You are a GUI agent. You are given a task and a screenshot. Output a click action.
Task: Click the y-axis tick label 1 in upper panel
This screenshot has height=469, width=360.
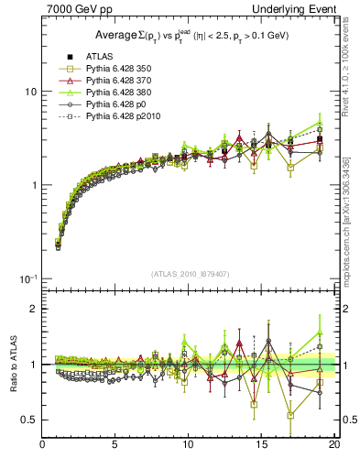33,185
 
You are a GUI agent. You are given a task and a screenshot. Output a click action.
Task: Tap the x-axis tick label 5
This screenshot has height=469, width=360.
115,446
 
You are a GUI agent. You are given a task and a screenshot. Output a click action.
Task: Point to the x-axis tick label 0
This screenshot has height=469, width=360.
43,446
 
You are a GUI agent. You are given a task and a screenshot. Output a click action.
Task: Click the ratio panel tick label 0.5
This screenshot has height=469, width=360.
27,420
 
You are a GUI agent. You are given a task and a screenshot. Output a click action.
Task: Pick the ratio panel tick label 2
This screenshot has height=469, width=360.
33,309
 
